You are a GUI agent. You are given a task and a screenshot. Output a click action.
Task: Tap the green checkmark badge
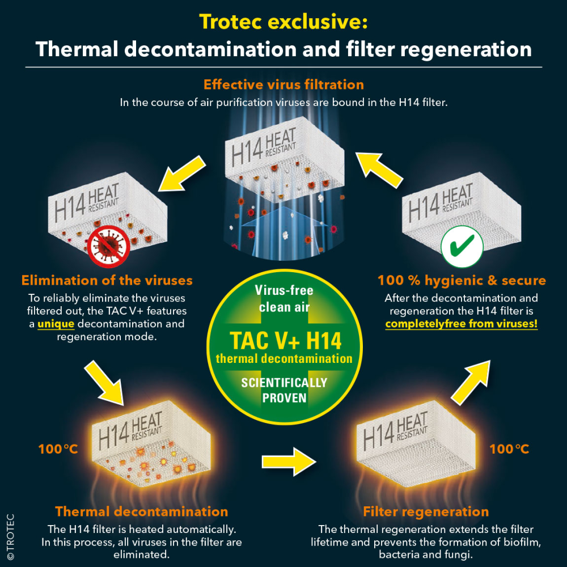click(x=462, y=248)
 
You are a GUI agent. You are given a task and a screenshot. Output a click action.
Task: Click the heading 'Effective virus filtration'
click(x=283, y=85)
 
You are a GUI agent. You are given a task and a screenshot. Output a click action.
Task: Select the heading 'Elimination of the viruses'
click(x=107, y=280)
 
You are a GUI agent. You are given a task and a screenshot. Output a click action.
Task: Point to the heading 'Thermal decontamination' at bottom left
click(x=142, y=511)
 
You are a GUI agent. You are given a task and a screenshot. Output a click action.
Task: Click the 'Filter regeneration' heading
click(x=426, y=512)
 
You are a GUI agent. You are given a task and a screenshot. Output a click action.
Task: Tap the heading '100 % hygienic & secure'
click(x=462, y=280)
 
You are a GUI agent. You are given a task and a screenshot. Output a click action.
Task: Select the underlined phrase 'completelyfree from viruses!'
click(x=462, y=324)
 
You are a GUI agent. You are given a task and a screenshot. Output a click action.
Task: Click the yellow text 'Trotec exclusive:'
click(x=283, y=23)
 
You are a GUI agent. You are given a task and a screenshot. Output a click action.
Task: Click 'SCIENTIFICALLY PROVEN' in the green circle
click(x=284, y=390)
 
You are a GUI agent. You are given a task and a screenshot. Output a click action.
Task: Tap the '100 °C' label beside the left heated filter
click(x=58, y=450)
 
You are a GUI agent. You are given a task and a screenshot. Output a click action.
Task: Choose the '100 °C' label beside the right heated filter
click(x=509, y=449)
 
